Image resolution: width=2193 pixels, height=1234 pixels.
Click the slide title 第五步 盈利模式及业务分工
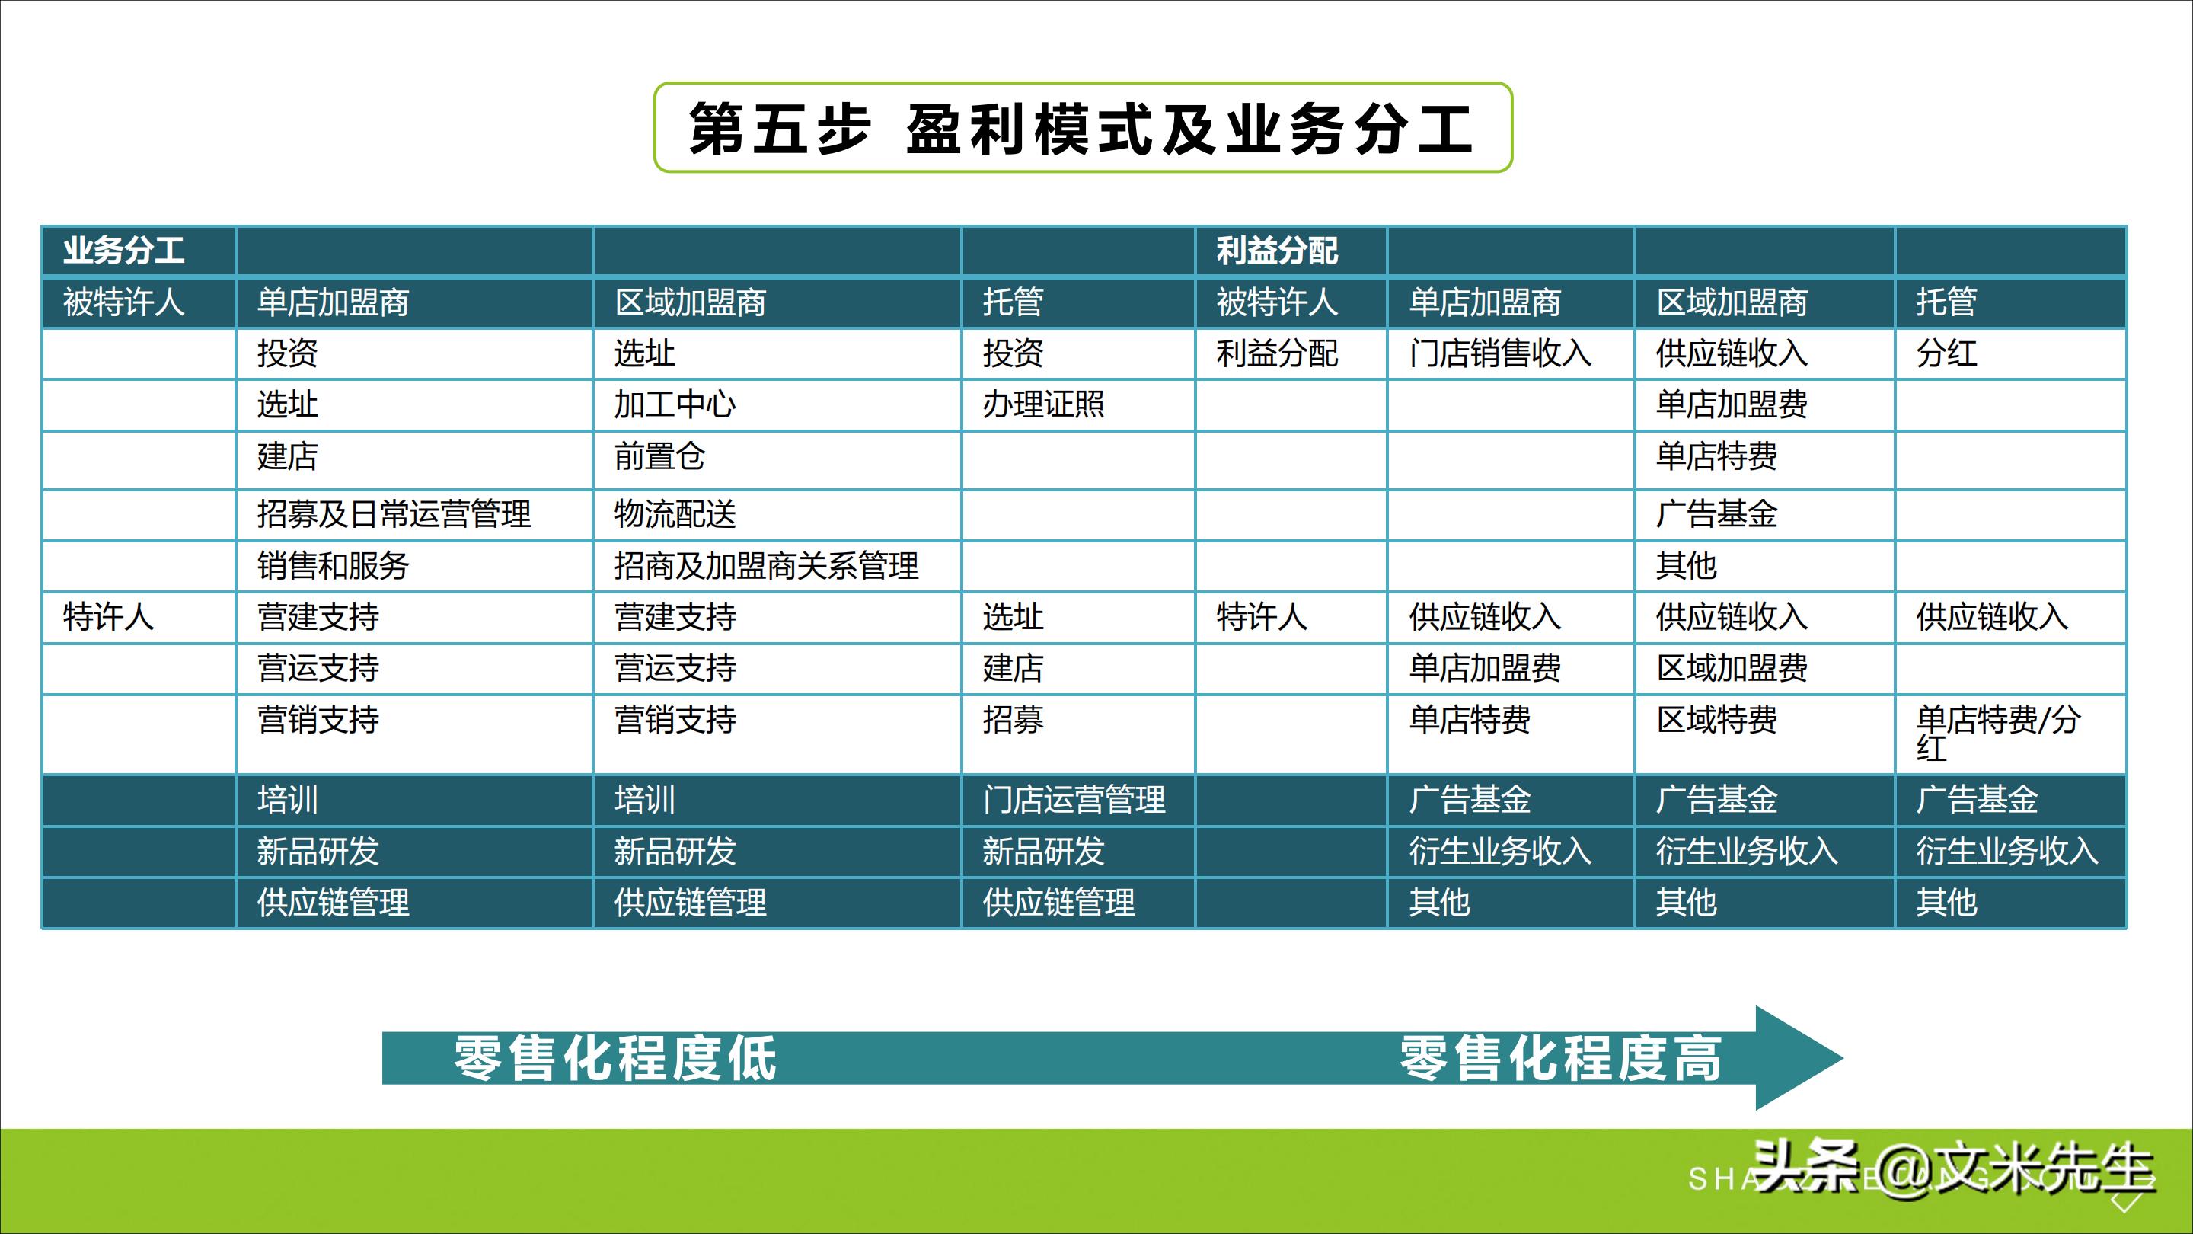[x=1081, y=129]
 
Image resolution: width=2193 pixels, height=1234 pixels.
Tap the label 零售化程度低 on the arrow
[x=614, y=1059]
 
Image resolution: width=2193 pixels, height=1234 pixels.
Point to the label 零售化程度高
[x=1560, y=1059]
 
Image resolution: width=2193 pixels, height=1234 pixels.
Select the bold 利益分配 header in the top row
[x=1276, y=251]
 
